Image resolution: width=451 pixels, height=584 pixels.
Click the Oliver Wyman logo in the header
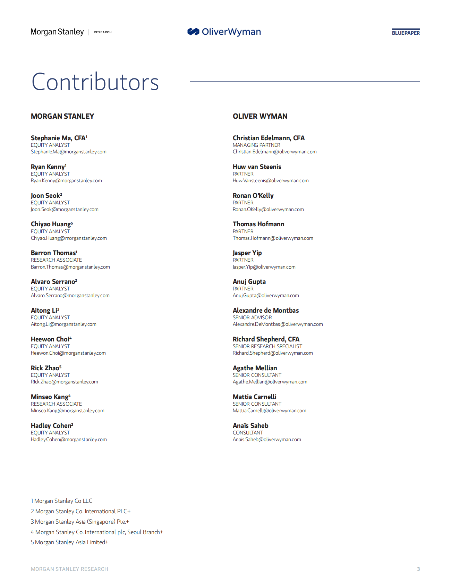(x=224, y=32)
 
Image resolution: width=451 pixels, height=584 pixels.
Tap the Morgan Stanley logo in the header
(x=57, y=32)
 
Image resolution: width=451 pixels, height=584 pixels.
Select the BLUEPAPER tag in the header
(x=406, y=33)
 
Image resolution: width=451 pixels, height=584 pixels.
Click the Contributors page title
(x=95, y=82)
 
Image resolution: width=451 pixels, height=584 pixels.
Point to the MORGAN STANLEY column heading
(x=62, y=116)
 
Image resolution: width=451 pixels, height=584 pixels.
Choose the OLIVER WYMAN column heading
(x=260, y=116)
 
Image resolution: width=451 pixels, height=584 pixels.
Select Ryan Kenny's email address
(x=66, y=180)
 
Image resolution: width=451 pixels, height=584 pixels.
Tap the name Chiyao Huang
(x=51, y=224)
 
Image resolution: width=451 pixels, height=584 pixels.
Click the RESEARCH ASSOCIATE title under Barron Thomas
(x=56, y=260)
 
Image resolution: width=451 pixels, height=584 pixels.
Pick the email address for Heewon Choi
(x=68, y=353)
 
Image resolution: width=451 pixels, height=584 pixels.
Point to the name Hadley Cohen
(x=51, y=426)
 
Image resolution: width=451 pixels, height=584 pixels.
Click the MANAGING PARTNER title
(x=256, y=145)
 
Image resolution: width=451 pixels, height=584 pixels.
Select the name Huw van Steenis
(x=257, y=167)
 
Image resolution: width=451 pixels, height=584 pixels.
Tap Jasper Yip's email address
(x=264, y=267)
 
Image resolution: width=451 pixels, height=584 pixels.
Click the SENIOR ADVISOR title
(x=252, y=318)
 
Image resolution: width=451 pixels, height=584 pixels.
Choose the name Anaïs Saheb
(x=250, y=426)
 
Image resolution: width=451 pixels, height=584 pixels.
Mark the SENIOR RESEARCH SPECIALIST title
(x=267, y=346)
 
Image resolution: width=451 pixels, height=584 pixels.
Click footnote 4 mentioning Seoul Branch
(x=97, y=532)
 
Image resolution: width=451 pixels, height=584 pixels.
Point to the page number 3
(x=418, y=569)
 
